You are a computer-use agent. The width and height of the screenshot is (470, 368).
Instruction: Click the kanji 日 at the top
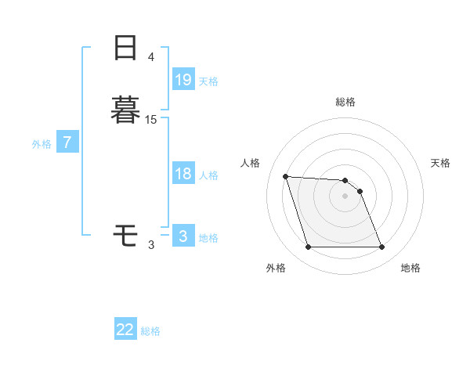[x=125, y=48]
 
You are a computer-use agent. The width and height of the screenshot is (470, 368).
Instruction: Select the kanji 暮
[x=125, y=108]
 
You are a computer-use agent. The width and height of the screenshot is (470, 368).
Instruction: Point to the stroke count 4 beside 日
[x=151, y=57]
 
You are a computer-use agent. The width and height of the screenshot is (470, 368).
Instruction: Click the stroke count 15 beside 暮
[x=151, y=119]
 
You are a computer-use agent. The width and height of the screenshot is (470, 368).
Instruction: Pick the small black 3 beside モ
[x=151, y=244]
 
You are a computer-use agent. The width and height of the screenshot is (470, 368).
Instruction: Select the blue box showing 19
[x=183, y=79]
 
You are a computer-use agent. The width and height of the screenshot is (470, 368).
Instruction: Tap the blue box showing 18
[x=183, y=174]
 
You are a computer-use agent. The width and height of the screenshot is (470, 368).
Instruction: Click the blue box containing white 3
[x=183, y=236]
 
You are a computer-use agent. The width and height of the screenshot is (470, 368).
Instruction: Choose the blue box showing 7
[x=68, y=143]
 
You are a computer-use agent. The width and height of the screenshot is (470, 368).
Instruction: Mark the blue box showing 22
[x=125, y=330]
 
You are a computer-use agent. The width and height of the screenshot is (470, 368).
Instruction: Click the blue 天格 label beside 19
[x=208, y=81]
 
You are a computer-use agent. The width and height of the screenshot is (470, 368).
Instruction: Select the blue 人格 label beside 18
[x=208, y=175]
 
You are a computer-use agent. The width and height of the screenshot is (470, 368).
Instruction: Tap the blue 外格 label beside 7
[x=42, y=144]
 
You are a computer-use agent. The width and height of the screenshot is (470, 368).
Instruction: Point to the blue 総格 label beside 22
[x=150, y=331]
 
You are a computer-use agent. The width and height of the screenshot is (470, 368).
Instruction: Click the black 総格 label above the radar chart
[x=345, y=102]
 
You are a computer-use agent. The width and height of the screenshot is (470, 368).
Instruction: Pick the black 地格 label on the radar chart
[x=410, y=268]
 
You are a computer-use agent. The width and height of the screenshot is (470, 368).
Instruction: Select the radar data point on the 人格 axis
[x=286, y=176]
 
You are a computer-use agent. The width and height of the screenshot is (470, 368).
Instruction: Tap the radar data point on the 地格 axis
[x=381, y=247]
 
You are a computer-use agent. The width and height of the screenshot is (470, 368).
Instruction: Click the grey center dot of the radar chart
[x=345, y=196]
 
